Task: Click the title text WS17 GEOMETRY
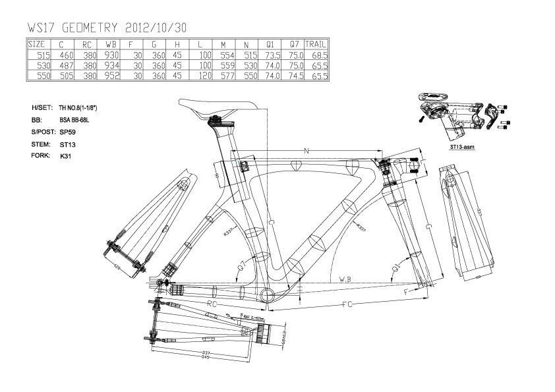[x=73, y=28]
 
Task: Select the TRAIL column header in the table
[x=316, y=44]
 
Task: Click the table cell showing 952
[x=111, y=76]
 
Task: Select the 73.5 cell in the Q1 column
[x=272, y=55]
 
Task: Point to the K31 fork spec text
[x=65, y=156]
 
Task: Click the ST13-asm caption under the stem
[x=462, y=148]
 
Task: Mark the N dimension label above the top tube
[x=307, y=152]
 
